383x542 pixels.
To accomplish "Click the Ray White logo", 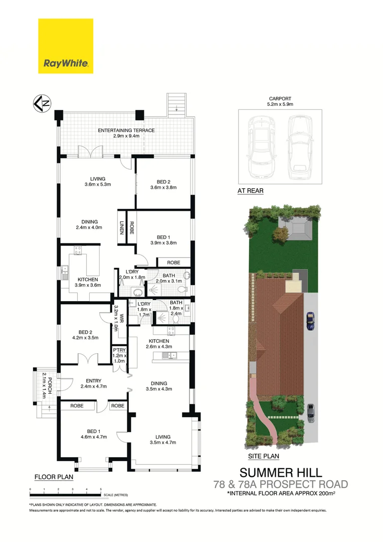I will tap(66, 46).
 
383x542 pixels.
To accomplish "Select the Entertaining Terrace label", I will tap(126, 130).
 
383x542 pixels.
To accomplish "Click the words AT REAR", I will tap(250, 191).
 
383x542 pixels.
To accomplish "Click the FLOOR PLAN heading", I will tap(54, 477).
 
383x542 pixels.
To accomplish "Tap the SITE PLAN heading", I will tap(264, 457).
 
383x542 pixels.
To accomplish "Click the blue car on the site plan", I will tap(310, 321).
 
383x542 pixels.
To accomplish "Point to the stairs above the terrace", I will tap(177, 103).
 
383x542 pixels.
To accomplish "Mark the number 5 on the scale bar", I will tap(101, 489).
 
